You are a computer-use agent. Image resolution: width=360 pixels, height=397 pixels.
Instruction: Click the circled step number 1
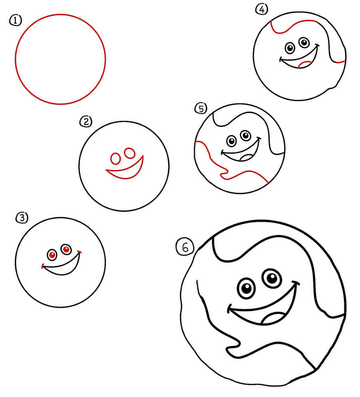(16, 20)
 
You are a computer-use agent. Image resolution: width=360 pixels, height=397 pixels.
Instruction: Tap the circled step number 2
(86, 122)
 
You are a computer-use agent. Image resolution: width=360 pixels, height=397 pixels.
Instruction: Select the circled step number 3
(22, 218)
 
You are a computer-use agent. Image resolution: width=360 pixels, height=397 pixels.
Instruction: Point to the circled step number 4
(262, 9)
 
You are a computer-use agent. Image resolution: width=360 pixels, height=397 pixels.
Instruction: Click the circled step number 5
(201, 108)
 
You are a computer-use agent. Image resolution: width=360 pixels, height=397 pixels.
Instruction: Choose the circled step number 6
(185, 247)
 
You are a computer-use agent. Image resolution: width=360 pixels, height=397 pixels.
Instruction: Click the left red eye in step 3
(52, 255)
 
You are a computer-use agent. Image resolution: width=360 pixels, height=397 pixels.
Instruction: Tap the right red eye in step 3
(66, 249)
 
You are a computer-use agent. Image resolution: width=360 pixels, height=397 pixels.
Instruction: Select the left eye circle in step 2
(116, 158)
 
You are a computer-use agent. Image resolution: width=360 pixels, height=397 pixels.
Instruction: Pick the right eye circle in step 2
(130, 153)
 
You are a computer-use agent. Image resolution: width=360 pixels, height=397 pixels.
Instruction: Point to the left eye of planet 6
(246, 288)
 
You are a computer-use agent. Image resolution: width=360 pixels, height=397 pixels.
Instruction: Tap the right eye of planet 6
(272, 278)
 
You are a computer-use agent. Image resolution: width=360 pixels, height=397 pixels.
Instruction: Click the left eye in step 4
(290, 48)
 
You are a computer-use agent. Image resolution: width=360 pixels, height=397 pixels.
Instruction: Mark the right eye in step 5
(245, 135)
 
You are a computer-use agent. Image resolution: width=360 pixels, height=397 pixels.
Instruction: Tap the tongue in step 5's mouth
(246, 158)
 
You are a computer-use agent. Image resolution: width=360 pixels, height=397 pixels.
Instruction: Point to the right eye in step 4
(304, 42)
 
